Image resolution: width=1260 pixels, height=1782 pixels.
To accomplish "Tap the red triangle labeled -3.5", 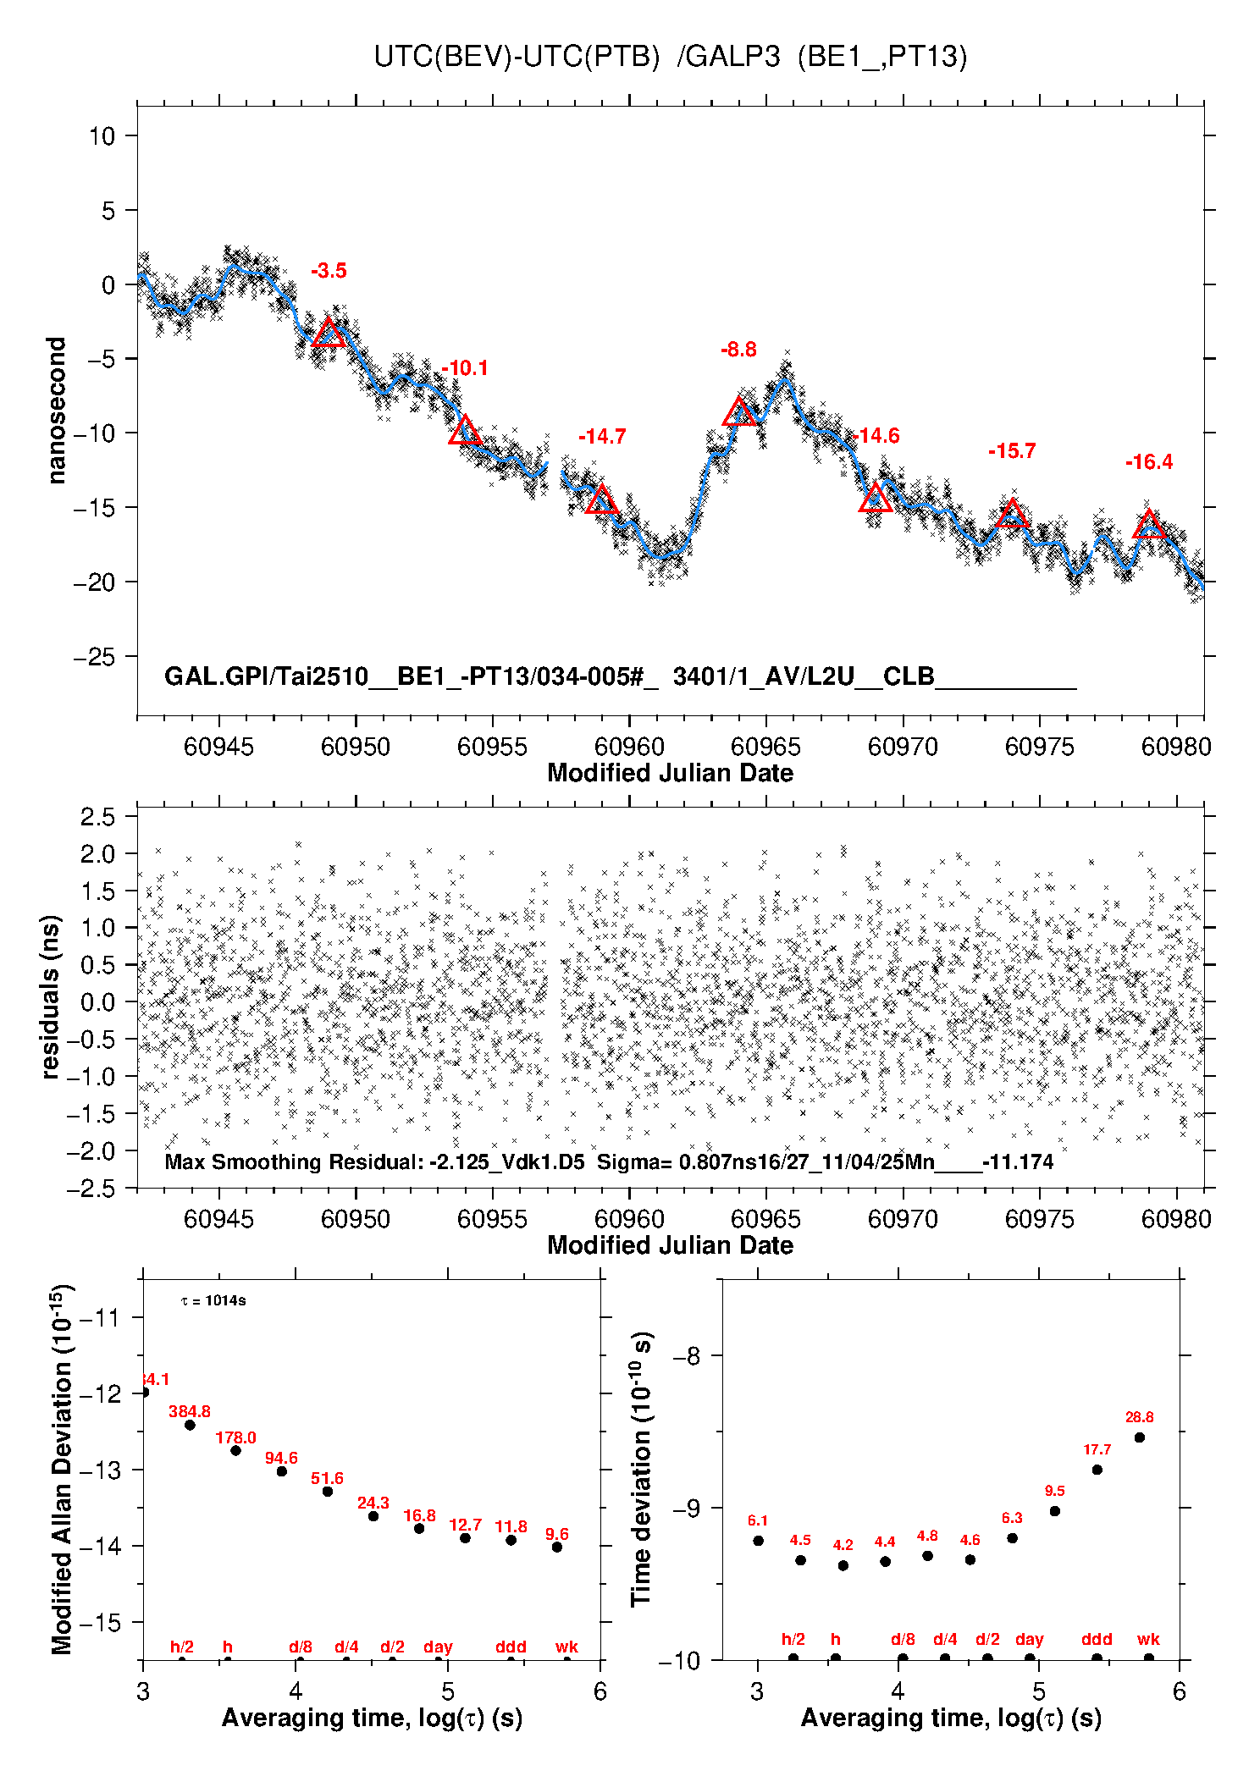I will coord(329,334).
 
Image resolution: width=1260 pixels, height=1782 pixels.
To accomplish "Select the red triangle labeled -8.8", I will coord(739,413).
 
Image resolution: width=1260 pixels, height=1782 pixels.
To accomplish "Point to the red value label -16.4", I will coord(1149,462).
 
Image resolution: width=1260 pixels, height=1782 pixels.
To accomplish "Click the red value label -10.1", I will coord(465,368).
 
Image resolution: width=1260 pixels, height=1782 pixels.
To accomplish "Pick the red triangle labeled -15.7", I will coord(1012,514).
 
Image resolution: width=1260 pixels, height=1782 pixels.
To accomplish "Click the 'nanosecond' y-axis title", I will coord(57,411).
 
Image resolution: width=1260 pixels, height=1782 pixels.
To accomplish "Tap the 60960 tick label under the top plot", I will coord(629,747).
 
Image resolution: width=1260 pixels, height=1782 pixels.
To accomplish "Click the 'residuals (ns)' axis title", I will coord(51,997).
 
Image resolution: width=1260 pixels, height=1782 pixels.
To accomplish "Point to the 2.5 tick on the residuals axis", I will coord(97,817).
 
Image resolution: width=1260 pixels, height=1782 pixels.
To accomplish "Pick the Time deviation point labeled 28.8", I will coord(1140,1437).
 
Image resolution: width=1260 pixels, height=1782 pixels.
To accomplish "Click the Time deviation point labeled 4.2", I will coord(843,1565).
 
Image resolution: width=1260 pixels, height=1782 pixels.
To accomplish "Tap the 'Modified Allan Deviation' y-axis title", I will coord(63,1469).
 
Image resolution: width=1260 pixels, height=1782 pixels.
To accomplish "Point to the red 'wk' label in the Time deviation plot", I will coord(1148,1639).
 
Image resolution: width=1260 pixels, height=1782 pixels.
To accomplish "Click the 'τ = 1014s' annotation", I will coord(213,1300).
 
